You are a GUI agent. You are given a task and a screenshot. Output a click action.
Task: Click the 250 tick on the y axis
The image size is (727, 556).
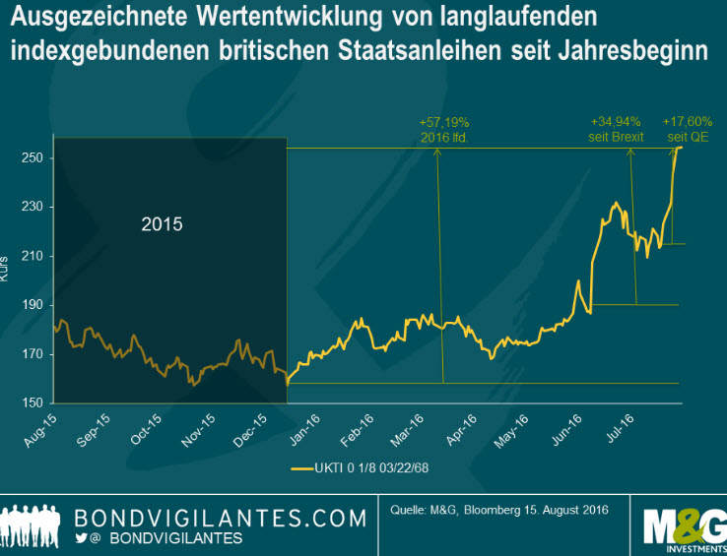click(32, 157)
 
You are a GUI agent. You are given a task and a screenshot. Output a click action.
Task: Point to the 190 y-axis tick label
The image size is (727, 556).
click(32, 305)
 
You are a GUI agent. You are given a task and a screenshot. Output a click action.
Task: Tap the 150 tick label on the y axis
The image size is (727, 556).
click(32, 402)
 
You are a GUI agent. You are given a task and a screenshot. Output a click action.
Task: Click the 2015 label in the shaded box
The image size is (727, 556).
click(162, 224)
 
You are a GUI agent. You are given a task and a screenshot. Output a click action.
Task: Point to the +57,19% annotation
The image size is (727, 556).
click(443, 130)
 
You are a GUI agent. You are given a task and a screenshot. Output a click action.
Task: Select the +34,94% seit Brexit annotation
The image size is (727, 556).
click(617, 130)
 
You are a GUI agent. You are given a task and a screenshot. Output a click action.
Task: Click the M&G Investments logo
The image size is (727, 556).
click(683, 522)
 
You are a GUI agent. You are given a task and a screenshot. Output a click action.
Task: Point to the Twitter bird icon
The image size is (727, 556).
click(83, 537)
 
